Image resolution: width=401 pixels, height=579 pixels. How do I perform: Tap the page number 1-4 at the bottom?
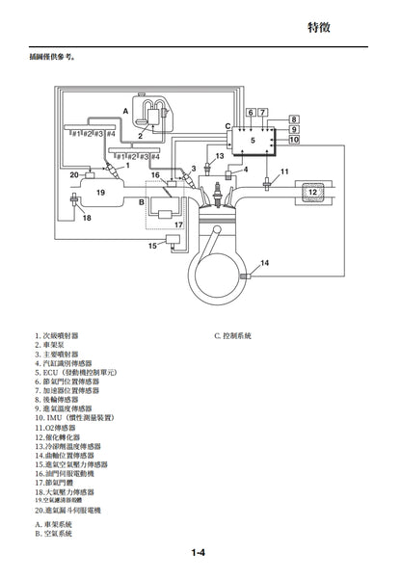tap(200, 552)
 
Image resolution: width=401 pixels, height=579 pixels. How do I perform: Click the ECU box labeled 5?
tap(254, 141)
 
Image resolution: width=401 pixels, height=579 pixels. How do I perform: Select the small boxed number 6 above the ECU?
tap(251, 113)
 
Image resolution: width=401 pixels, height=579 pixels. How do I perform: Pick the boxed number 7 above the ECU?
tap(263, 113)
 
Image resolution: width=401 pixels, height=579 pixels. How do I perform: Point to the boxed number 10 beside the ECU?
tap(294, 140)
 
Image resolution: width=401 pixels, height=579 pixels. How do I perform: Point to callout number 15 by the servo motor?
tap(151, 247)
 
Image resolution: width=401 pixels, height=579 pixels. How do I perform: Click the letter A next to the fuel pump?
tap(125, 112)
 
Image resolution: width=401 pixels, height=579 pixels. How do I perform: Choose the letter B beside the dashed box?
tap(142, 202)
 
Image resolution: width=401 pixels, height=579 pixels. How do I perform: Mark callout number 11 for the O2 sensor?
tap(284, 171)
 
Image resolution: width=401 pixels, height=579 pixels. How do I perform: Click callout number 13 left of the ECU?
tap(219, 155)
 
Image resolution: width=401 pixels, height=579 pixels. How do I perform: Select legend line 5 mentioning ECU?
tap(75, 371)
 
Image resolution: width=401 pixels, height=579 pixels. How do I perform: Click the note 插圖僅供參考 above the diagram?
tap(53, 57)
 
